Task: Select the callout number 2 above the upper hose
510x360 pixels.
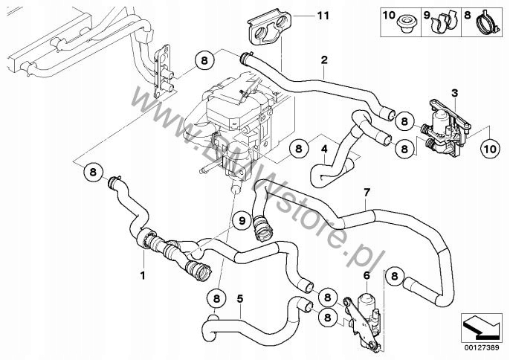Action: [324, 60]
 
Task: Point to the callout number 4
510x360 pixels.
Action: [325, 147]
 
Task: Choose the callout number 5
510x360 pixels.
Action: [239, 299]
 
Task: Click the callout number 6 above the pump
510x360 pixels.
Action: [366, 275]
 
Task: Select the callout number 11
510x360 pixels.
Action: [322, 14]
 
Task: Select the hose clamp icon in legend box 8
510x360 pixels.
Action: [485, 23]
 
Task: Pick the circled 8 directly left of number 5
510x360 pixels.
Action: [216, 299]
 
